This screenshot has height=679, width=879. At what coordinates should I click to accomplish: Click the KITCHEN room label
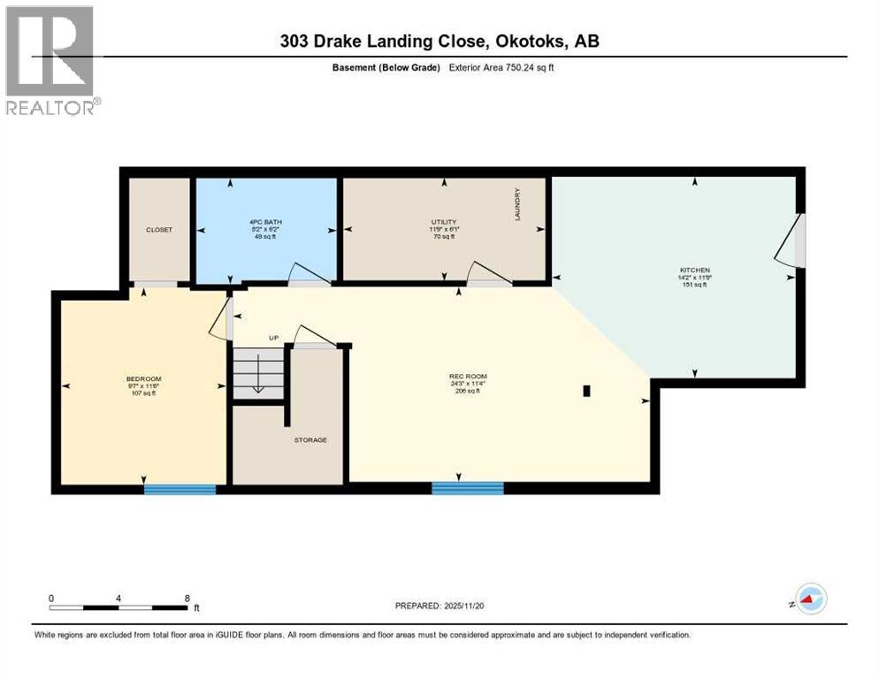[x=695, y=270]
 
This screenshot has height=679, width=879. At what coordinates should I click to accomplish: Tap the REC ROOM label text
[x=468, y=377]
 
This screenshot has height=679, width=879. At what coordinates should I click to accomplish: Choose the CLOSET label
[x=159, y=230]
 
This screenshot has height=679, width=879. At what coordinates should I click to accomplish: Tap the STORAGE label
[x=310, y=439]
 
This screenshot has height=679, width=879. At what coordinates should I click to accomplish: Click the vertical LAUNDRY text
[x=517, y=204]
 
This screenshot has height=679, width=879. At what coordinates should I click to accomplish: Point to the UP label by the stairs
[x=275, y=338]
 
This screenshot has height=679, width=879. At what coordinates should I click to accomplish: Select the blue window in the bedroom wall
[x=180, y=489]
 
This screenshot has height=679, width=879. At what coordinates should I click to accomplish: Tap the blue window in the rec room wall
[x=467, y=488]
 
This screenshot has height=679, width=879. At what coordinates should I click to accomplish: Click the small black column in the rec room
[x=586, y=390]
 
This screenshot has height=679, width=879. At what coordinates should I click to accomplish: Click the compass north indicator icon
[x=809, y=599]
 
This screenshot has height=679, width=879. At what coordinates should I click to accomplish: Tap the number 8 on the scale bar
[x=187, y=598]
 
